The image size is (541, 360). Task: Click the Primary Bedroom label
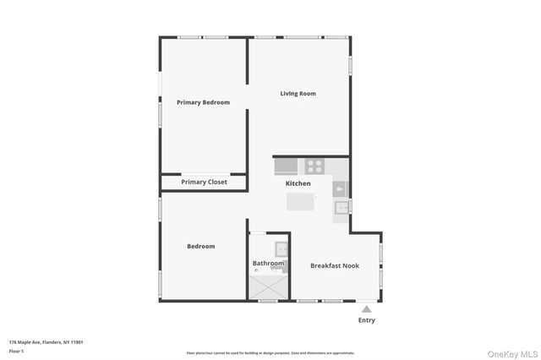[x=203, y=102]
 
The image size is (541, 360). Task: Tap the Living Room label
[x=298, y=94]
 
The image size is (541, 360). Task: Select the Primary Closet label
[x=204, y=182]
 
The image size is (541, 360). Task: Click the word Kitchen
[x=298, y=183]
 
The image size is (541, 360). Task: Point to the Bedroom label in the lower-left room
[x=200, y=247]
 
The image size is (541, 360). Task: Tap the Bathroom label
[x=268, y=264]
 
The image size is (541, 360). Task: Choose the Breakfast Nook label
[x=334, y=265]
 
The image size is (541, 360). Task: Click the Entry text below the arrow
[x=366, y=320]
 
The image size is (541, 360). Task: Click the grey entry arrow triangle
[x=366, y=309]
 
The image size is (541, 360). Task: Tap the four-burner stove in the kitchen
[x=314, y=166]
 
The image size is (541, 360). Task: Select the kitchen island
[x=300, y=202]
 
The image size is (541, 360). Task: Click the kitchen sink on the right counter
[x=342, y=207]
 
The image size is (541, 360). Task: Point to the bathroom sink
[x=281, y=248]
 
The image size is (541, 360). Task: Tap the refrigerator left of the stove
[x=286, y=166]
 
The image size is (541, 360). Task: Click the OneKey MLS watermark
[x=511, y=353]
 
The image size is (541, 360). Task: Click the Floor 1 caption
[x=16, y=350]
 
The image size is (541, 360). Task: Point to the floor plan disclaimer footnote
[x=270, y=353]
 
